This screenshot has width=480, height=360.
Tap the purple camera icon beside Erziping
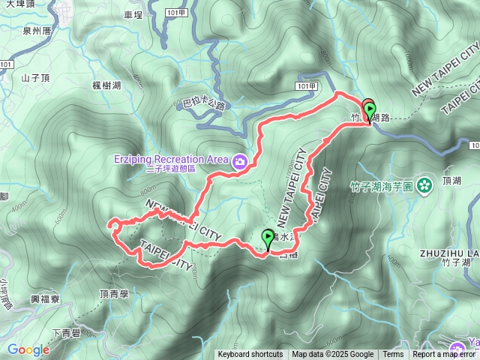pyautogui.click(x=240, y=160)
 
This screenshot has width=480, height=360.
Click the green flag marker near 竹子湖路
pyautogui.click(x=369, y=110)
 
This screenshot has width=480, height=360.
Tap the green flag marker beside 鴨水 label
pyautogui.click(x=268, y=238)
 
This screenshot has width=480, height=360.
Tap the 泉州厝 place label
pyautogui.click(x=37, y=31)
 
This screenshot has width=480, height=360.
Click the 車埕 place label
pyautogui.click(x=133, y=14)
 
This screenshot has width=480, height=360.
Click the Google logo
pyautogui.click(x=28, y=349)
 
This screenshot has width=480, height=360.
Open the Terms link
pyautogui.click(x=393, y=355)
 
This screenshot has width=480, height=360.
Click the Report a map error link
pyautogui.click(x=444, y=355)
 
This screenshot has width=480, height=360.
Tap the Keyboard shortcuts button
pyautogui.click(x=250, y=355)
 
